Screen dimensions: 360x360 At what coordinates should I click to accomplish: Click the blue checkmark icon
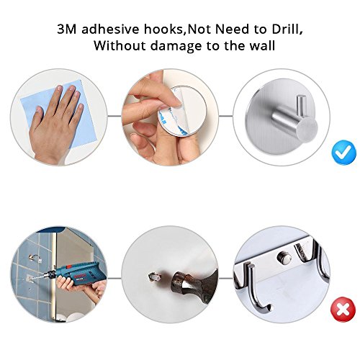point(343,153)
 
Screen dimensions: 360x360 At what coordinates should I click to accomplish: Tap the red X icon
point(343,310)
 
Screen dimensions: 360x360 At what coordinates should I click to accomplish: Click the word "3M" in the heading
point(67,30)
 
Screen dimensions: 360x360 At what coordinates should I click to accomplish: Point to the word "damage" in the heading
point(176,46)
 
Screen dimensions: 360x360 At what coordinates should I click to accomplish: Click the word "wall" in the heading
point(262,45)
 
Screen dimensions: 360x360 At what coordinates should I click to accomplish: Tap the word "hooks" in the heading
point(165,30)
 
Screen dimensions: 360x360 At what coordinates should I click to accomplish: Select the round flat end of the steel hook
point(307,128)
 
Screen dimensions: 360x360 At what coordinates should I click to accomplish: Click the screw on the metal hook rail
point(284,256)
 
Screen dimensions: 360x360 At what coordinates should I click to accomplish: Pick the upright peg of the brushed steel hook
point(301,105)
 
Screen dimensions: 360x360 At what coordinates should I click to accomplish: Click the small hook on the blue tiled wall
point(35,258)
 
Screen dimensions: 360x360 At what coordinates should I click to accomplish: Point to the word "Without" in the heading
point(120,45)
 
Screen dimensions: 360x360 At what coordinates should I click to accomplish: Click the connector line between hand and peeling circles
point(114,116)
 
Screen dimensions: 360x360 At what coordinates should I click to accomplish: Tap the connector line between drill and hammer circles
point(114,279)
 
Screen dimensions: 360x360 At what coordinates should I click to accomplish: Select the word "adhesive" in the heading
point(110,30)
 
